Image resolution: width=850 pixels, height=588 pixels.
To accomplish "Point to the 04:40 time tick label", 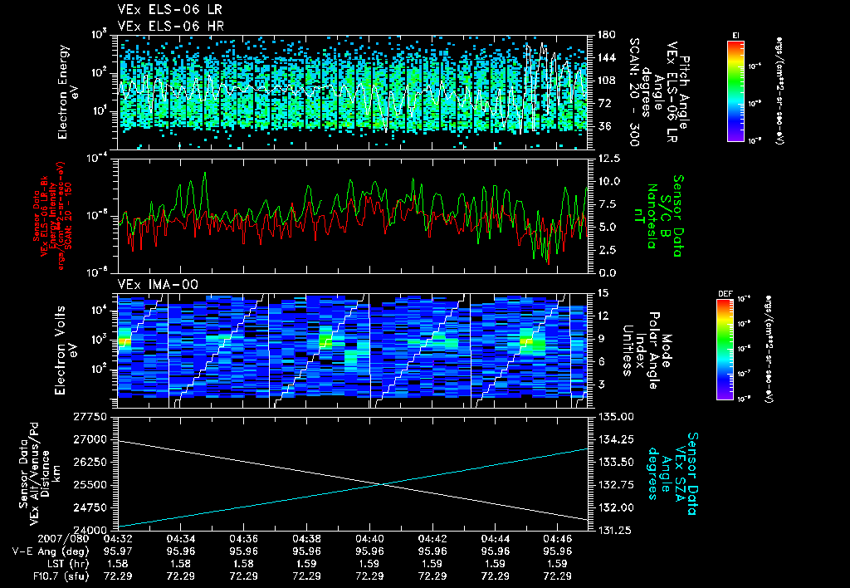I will click(369, 539).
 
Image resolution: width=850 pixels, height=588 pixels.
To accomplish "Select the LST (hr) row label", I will click(61, 563).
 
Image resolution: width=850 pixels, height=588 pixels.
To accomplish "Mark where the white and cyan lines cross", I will click(383, 485).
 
